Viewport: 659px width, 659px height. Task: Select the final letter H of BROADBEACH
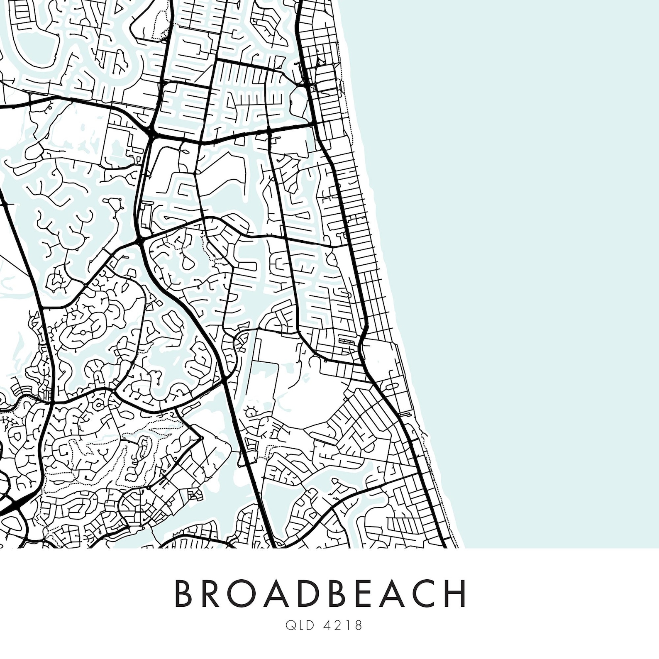(457, 593)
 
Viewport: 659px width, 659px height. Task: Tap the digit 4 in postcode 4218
(327, 625)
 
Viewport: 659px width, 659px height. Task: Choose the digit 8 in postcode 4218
(358, 625)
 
